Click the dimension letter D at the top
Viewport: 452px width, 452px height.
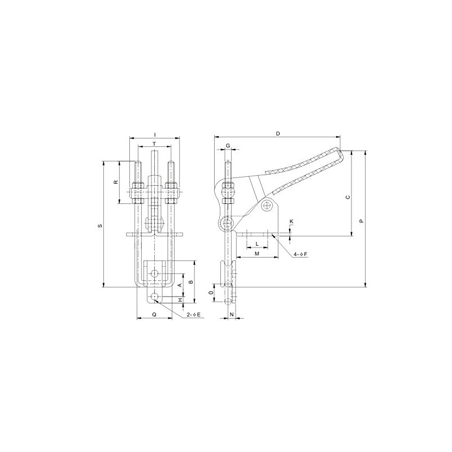[277, 133]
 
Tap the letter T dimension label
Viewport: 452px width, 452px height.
[155, 145]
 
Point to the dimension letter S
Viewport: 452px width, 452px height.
[100, 226]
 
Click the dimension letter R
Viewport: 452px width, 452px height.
[115, 182]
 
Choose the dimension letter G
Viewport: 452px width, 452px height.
[228, 146]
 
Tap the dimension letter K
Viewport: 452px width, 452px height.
[292, 220]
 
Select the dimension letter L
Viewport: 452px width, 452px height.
[257, 244]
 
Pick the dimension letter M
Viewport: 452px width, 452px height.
[257, 254]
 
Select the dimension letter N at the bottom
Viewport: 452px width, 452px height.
[232, 314]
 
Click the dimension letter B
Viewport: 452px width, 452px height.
[190, 281]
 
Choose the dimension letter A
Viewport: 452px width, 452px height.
[180, 286]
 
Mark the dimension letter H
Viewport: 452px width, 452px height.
[180, 301]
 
